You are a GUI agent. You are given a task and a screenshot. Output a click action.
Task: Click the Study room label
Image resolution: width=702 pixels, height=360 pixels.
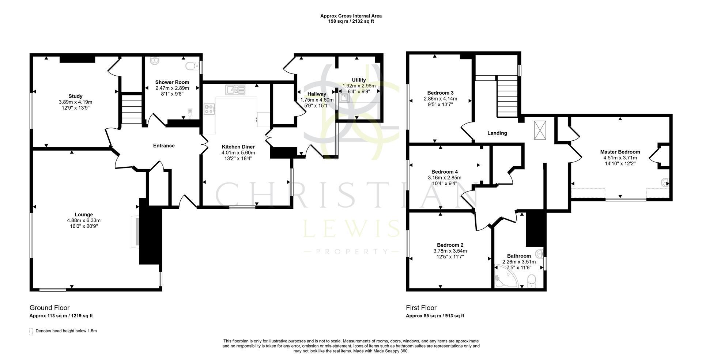point(75,96)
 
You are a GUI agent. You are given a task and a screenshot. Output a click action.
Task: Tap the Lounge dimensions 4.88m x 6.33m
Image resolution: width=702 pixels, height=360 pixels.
point(84,220)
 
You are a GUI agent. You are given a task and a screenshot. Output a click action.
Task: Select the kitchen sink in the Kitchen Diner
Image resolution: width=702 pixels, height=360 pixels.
point(236,89)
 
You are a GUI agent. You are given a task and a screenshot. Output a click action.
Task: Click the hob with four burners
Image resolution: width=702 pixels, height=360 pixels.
point(210,109)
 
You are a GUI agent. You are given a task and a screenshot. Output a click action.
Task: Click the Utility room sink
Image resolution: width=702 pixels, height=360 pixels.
point(344,97)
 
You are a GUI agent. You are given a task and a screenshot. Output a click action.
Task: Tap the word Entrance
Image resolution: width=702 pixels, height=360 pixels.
point(163,145)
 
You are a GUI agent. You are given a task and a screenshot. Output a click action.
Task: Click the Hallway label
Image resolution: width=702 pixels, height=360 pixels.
point(317,94)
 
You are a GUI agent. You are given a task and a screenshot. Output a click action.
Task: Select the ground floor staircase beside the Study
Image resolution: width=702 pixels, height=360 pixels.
point(131,109)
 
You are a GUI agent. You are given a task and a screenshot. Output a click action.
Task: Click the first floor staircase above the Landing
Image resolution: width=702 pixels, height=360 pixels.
point(507,96)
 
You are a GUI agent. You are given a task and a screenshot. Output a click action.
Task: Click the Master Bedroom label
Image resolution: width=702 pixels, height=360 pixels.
point(620,152)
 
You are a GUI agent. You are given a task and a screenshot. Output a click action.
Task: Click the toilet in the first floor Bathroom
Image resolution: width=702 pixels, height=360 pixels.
point(532,280)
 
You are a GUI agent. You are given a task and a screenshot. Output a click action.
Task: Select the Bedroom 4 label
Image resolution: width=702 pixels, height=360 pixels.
point(444,172)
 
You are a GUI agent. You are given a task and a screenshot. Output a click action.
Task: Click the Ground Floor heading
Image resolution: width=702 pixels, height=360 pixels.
point(49,308)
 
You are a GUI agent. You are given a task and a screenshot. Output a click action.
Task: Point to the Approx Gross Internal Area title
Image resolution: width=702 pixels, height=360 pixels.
point(351,16)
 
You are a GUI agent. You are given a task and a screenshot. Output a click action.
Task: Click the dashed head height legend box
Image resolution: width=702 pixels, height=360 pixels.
point(31,331)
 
